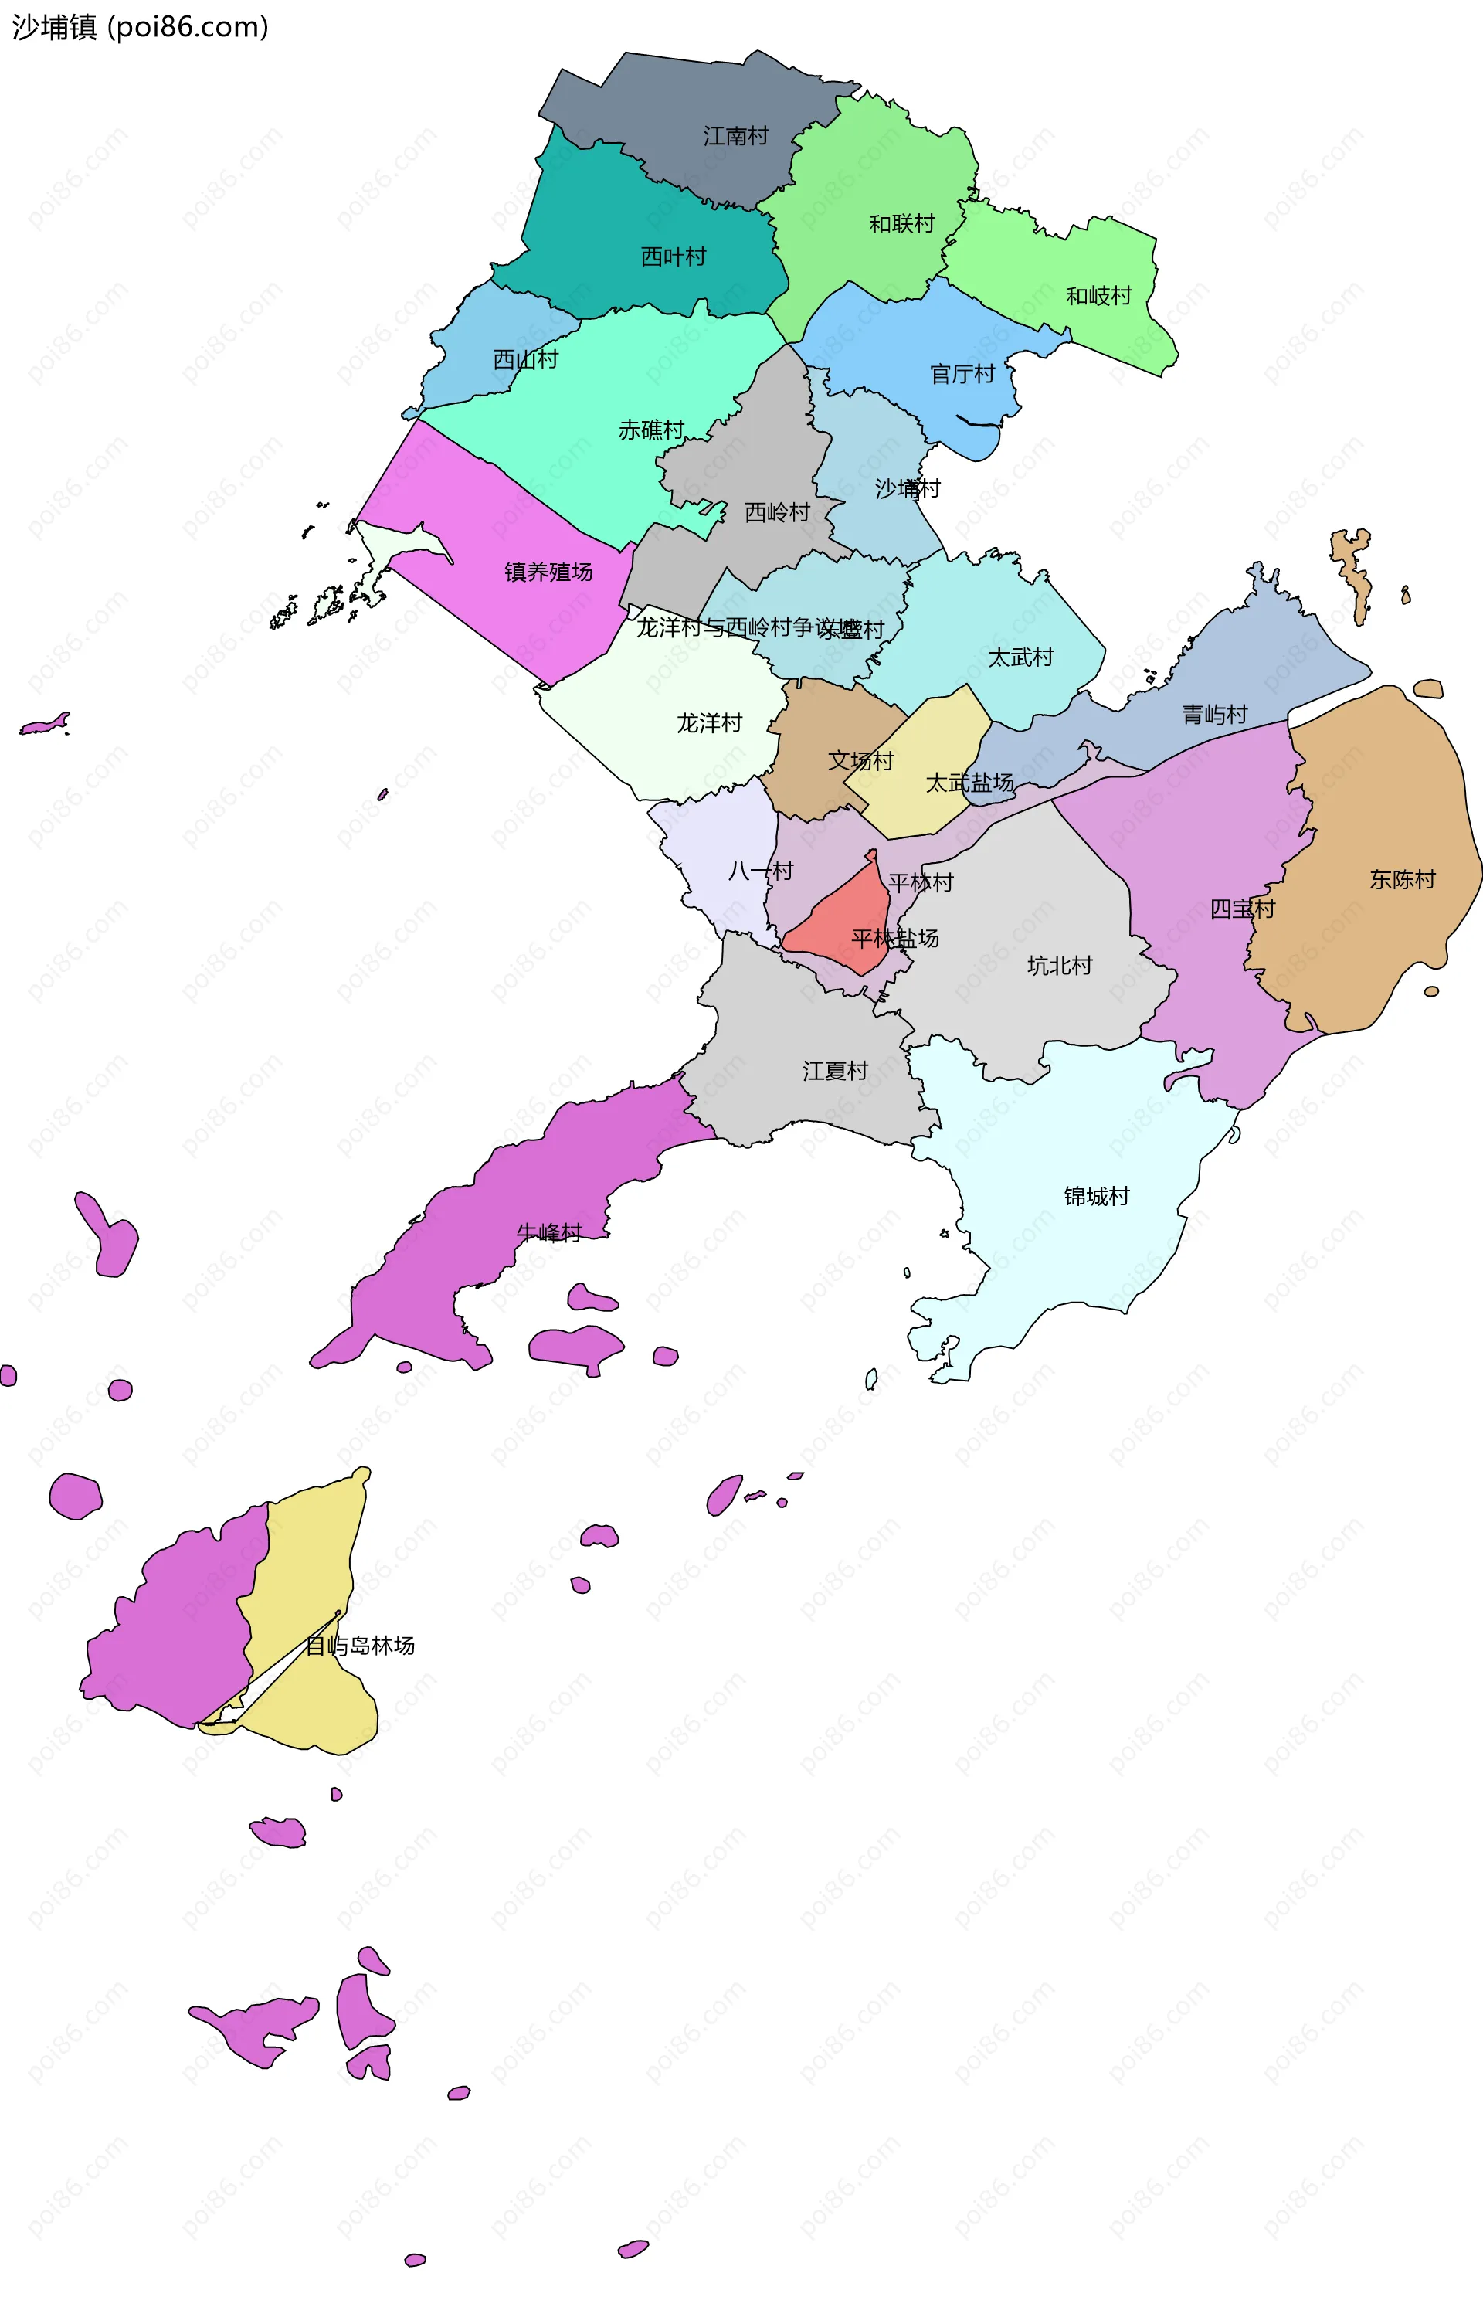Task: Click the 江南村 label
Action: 736,136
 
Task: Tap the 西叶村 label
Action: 673,257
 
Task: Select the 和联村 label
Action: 902,224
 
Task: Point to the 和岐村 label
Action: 1099,296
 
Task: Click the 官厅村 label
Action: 962,374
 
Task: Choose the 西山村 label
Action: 526,359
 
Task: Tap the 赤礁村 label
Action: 651,430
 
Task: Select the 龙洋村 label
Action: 709,723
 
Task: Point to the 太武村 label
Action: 1021,657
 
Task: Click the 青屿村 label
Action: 1214,715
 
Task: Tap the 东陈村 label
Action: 1402,879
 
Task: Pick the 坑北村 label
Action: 1059,966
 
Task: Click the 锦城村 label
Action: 1096,1196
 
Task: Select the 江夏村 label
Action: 835,1071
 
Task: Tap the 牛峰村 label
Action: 549,1232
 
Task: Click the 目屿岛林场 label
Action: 360,1646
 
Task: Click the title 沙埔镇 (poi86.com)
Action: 141,27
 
